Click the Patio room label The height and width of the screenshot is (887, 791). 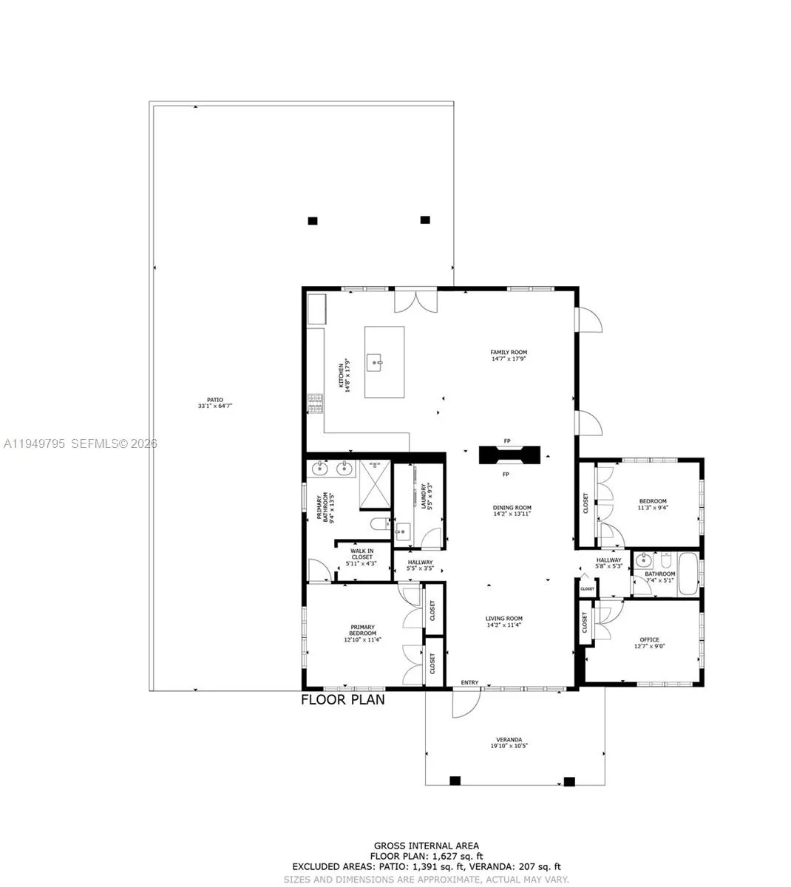pyautogui.click(x=210, y=403)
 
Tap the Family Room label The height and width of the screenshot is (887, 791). pyautogui.click(x=509, y=356)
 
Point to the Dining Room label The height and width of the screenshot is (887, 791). pyautogui.click(x=512, y=511)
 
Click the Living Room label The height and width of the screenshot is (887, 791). pyautogui.click(x=504, y=622)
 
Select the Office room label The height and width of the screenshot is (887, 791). pyautogui.click(x=649, y=643)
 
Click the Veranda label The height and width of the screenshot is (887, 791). pyautogui.click(x=509, y=742)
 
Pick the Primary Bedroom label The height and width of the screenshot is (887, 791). pyautogui.click(x=362, y=633)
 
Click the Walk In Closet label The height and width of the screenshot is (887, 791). pyautogui.click(x=361, y=557)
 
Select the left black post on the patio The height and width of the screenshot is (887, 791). pyautogui.click(x=313, y=220)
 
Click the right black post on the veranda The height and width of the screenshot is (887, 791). pyautogui.click(x=569, y=781)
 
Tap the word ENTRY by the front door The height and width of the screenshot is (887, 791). pyautogui.click(x=469, y=682)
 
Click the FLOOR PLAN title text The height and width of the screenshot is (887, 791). pyautogui.click(x=342, y=699)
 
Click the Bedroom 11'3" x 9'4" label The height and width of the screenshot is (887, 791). pyautogui.click(x=652, y=504)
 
